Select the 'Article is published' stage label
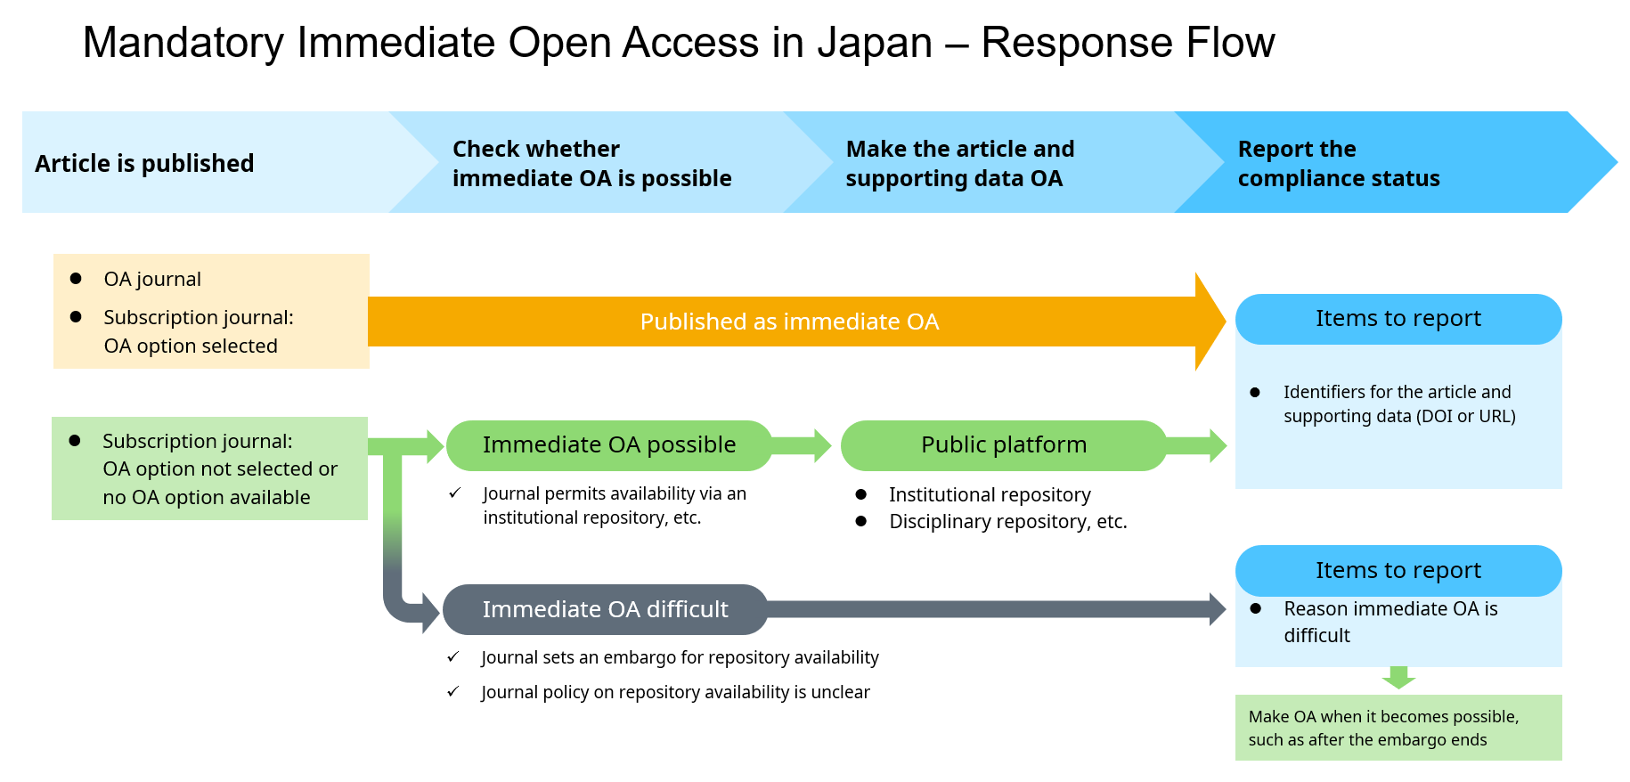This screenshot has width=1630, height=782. pos(144,164)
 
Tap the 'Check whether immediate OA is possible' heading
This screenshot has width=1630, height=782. pos(591,163)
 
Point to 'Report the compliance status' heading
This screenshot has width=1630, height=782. pos(1339,163)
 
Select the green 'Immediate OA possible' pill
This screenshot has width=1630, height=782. pos(609,445)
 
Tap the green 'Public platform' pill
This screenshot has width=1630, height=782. pos(1004,445)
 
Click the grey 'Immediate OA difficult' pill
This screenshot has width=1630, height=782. pos(606,609)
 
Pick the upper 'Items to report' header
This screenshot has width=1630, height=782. pos(1398,319)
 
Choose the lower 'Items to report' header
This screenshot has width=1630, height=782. pos(1398,571)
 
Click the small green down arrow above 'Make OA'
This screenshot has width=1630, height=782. pos(1398,678)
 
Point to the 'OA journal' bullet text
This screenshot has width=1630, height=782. pos(152,280)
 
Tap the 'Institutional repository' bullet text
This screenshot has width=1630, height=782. pos(990,495)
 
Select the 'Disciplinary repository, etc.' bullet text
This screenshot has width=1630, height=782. pos(1008,522)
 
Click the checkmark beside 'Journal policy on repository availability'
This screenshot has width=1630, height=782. pos(453,691)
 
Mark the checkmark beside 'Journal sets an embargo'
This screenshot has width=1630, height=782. pos(453,656)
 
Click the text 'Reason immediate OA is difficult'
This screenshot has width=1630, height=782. pos(1390,622)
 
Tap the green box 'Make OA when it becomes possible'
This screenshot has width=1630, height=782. pos(1398,728)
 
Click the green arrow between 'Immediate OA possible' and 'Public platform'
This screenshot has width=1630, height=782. pos(801,445)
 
